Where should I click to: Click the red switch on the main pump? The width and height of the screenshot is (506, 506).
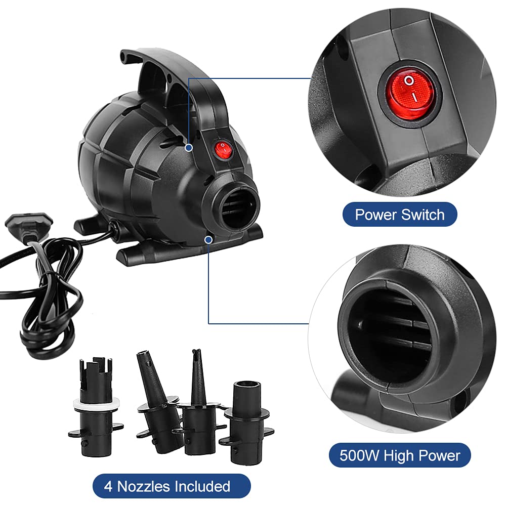pos(223,149)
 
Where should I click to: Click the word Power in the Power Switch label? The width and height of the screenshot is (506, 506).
pos(375,215)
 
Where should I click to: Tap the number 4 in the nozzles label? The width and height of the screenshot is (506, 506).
pos(108,486)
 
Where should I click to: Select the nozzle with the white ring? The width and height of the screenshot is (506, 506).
pos(95,407)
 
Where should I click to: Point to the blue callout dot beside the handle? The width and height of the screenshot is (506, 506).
pos(189,148)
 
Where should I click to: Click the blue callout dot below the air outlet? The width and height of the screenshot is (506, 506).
pos(209,240)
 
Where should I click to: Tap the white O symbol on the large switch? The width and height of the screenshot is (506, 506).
pos(409,80)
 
